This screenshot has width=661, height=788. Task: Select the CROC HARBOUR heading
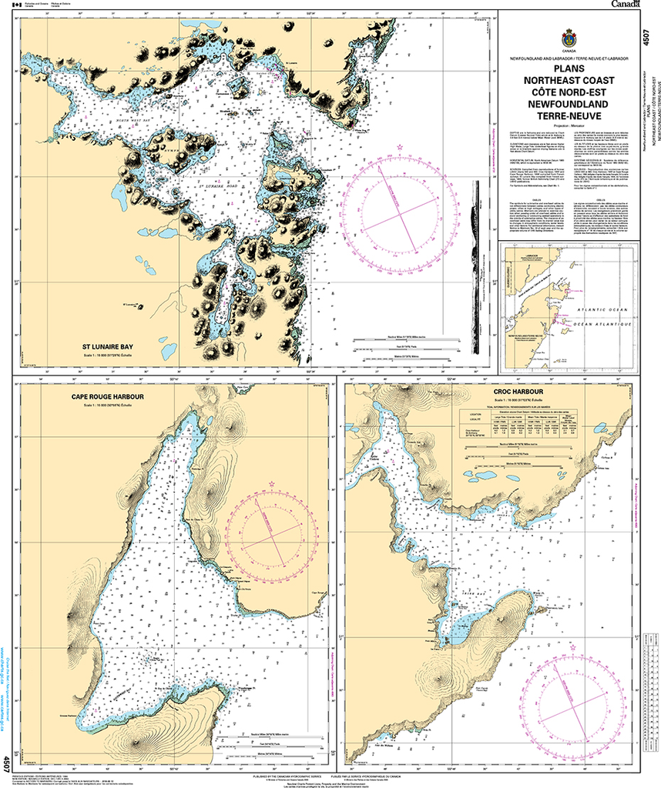pyautogui.click(x=518, y=392)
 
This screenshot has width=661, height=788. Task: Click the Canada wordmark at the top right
pyautogui.click(x=627, y=5)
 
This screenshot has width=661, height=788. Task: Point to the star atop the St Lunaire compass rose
pyautogui.click(x=400, y=146)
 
